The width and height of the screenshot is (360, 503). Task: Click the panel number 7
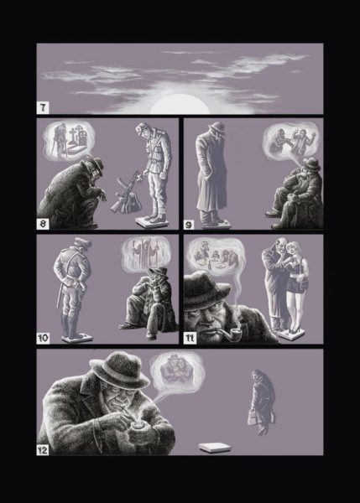[43, 108]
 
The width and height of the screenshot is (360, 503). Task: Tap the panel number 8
[43, 223]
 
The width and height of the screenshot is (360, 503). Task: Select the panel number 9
[189, 225]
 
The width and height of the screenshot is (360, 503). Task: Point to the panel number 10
[43, 338]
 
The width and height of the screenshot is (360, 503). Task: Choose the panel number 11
[190, 339]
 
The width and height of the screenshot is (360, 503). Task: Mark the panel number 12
[43, 449]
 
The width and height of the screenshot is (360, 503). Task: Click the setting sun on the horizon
[180, 105]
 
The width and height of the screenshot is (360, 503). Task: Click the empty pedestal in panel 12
[215, 448]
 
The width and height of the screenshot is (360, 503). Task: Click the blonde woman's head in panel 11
[295, 251]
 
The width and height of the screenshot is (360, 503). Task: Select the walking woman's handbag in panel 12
[253, 417]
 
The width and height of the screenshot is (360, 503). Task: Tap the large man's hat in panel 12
[119, 369]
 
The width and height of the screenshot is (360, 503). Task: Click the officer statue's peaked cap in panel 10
[82, 242]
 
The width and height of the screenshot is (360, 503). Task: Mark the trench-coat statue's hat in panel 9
[217, 127]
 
